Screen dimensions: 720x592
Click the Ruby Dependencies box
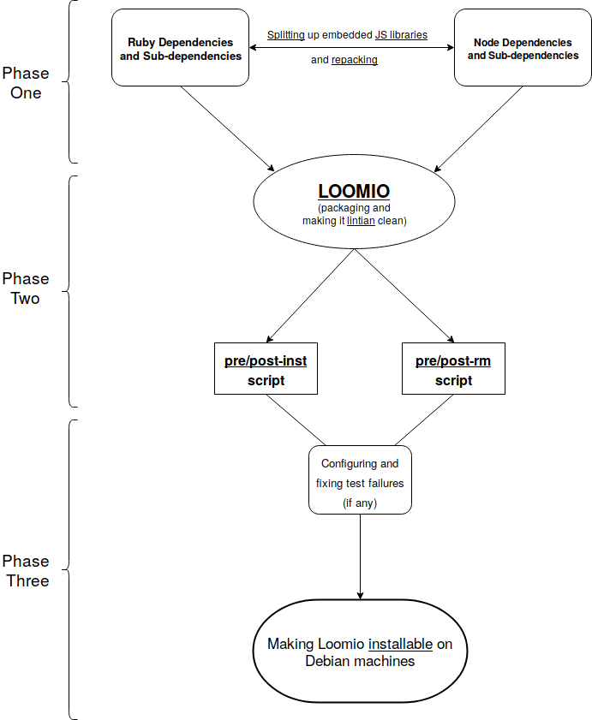click(180, 48)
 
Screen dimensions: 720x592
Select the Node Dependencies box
click(523, 48)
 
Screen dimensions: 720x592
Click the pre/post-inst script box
click(266, 369)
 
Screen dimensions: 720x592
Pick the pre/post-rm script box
click(453, 369)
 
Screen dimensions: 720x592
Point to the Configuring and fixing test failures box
click(360, 479)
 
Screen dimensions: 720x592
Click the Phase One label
click(26, 83)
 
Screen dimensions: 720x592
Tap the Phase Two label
click(26, 289)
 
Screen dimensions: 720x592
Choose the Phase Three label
click(26, 571)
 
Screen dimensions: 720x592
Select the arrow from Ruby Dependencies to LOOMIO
click(227, 128)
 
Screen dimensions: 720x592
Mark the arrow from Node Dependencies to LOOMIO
click(480, 128)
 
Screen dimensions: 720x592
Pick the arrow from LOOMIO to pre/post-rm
click(403, 296)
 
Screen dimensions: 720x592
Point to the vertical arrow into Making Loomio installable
click(360, 556)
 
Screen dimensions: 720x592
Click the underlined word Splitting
click(286, 35)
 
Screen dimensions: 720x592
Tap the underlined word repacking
click(355, 60)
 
